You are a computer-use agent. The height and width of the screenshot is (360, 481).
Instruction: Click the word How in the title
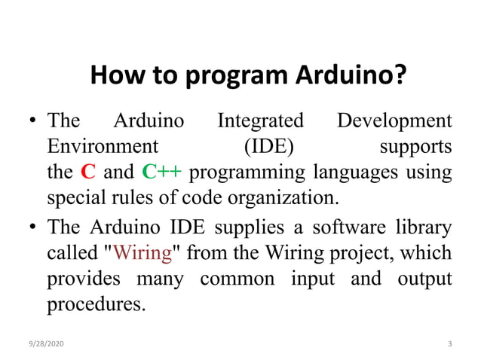(x=112, y=76)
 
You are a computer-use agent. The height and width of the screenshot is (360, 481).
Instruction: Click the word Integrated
(x=260, y=121)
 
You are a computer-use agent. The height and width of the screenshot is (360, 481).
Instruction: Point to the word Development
(x=394, y=121)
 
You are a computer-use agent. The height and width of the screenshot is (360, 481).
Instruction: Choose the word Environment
(x=103, y=146)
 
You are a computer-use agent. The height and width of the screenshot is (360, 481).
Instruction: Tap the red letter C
(x=88, y=172)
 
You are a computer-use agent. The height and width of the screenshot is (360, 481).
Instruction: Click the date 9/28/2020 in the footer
(x=47, y=343)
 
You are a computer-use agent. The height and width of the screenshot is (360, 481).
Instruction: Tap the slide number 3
(x=449, y=343)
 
